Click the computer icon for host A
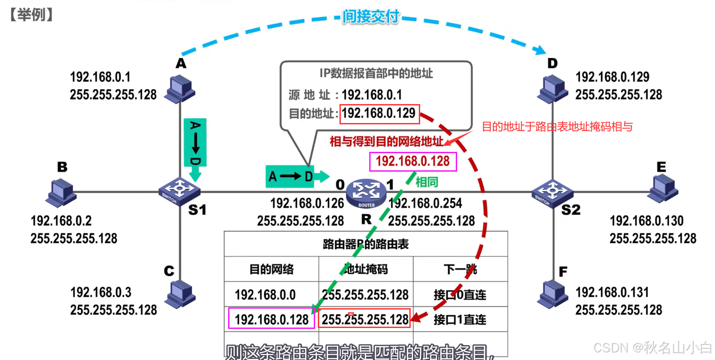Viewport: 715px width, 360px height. click(180, 89)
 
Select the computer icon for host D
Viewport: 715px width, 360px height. click(552, 89)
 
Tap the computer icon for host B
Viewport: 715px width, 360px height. click(61, 192)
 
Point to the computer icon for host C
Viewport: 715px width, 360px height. click(180, 294)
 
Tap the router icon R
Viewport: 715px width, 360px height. click(366, 193)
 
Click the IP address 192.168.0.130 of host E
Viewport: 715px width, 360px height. click(646, 221)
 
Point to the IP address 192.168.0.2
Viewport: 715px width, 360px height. click(61, 221)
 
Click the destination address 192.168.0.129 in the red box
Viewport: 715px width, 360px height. click(379, 114)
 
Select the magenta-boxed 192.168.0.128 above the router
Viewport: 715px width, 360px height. click(412, 161)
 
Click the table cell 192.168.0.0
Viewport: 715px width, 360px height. click(265, 295)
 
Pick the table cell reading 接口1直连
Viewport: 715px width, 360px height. click(460, 320)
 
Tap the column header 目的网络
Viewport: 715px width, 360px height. click(271, 269)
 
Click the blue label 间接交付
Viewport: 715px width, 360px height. click(371, 17)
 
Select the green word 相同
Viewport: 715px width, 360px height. click(426, 182)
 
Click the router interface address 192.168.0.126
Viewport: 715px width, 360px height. click(307, 204)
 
